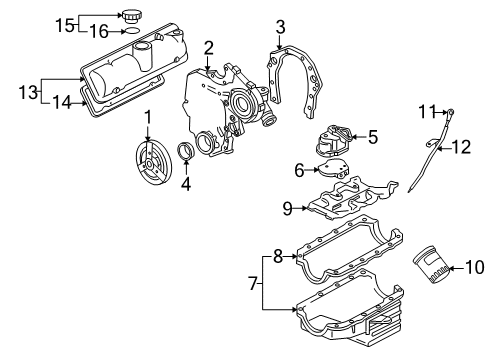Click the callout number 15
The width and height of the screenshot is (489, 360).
pos(65,25)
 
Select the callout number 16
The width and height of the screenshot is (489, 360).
pos(99,32)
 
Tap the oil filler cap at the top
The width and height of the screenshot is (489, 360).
pos(132,17)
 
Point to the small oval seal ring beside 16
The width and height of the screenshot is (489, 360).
pos(131,32)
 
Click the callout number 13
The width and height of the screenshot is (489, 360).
pos(28,92)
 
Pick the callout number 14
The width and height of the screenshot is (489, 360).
pos(62,102)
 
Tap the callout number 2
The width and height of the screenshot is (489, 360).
pos(209,48)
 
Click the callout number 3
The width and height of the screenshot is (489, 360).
pos(281,27)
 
